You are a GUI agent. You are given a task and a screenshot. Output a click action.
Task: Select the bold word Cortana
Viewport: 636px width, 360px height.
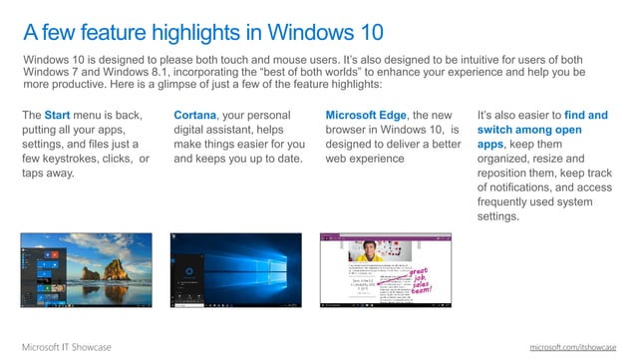194,116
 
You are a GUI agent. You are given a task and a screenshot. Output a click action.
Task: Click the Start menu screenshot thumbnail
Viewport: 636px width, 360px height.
86,270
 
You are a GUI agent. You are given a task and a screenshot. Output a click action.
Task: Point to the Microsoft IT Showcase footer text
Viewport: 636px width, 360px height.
67,346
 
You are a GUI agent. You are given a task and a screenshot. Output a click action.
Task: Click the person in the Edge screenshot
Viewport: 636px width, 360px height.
368,250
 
